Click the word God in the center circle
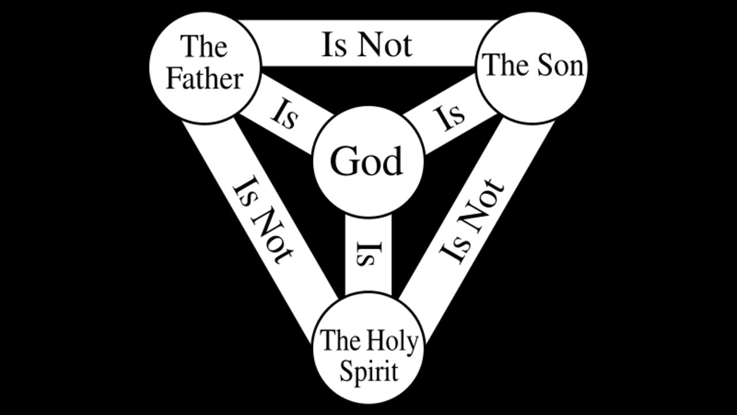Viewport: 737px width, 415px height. (x=366, y=161)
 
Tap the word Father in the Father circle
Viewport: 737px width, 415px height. (x=204, y=79)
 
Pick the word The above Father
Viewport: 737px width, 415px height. (x=204, y=47)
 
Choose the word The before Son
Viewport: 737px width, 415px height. (x=507, y=65)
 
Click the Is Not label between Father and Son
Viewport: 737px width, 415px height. (x=367, y=45)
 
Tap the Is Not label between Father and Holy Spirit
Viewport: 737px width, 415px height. (x=263, y=220)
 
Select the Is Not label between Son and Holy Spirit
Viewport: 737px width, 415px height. (x=471, y=221)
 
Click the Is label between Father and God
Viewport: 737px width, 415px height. (x=284, y=115)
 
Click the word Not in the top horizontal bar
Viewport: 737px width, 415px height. (x=385, y=45)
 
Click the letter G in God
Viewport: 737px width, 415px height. (x=343, y=161)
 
